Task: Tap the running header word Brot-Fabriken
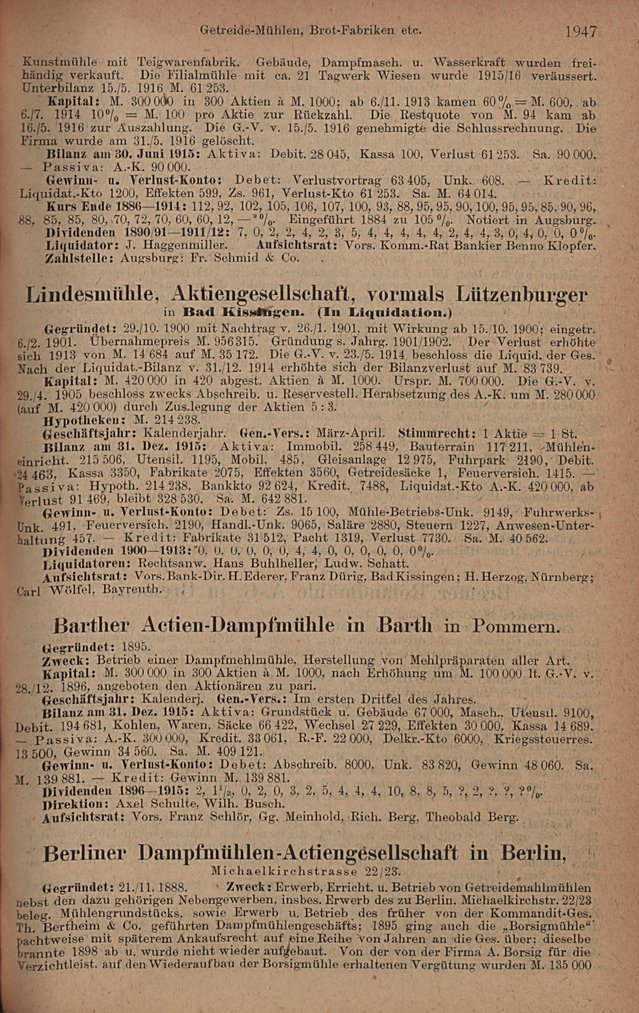347,30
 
